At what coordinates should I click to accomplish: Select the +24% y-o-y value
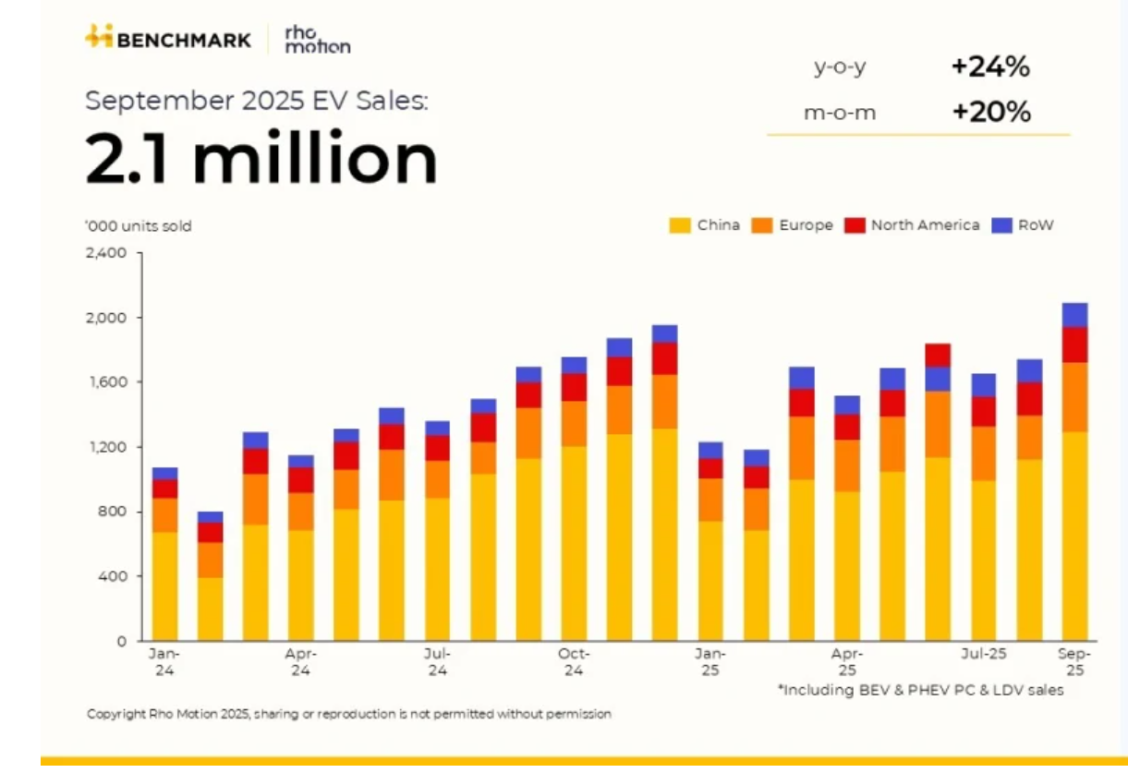(x=990, y=66)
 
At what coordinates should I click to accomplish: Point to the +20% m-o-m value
(x=990, y=113)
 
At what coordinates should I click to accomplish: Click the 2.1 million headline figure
(x=261, y=159)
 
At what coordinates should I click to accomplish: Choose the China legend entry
(x=705, y=225)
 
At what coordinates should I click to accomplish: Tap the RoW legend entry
(x=1023, y=225)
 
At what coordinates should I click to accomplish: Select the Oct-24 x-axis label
(x=574, y=661)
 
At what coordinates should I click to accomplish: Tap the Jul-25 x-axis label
(x=983, y=654)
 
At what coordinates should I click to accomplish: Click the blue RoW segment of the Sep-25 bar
(x=1074, y=315)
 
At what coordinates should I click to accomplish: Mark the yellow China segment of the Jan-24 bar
(x=165, y=586)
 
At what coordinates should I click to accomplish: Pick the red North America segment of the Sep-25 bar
(x=1074, y=344)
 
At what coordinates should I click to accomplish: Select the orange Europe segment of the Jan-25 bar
(x=710, y=500)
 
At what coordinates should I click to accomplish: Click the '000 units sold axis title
(x=139, y=225)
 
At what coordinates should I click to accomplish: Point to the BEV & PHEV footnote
(x=920, y=690)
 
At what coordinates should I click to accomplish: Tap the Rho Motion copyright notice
(x=349, y=714)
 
